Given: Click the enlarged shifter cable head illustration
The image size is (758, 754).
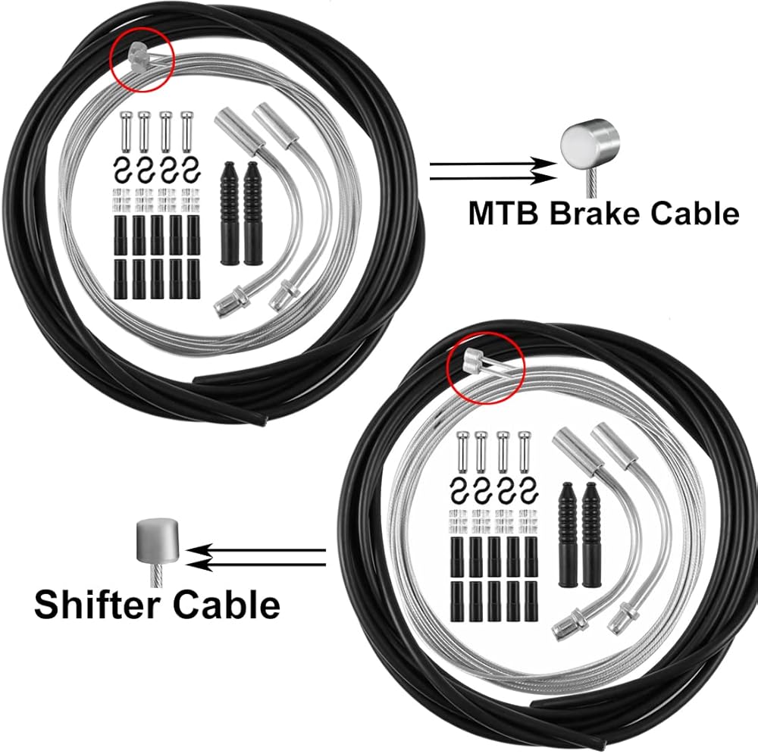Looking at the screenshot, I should [x=157, y=541].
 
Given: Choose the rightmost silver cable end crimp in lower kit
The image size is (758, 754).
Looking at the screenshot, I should [x=522, y=450].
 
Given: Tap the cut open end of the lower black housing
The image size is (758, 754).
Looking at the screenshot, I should [x=539, y=701].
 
